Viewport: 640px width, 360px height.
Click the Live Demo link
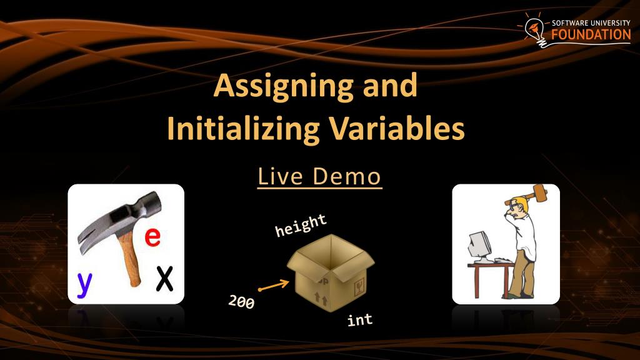click(x=319, y=177)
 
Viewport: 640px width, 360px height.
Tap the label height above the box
click(x=301, y=225)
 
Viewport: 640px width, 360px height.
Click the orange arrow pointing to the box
click(x=274, y=286)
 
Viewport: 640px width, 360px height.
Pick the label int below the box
click(x=360, y=320)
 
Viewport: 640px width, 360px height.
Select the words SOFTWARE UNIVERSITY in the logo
click(x=591, y=22)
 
